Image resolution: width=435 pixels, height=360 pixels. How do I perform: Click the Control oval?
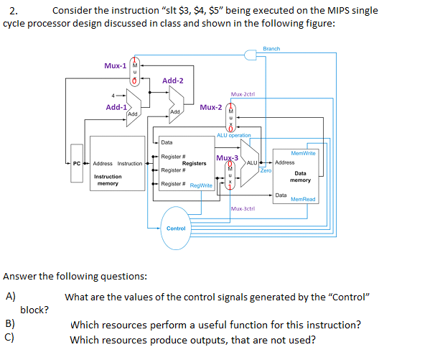pos(176,228)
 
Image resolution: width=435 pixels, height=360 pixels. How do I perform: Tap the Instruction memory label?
pos(108,180)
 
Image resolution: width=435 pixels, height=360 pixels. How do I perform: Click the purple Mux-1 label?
pos(115,65)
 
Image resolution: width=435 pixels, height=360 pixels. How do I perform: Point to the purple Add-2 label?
pos(173,80)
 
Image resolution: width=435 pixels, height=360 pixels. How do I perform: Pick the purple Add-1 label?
pos(117,107)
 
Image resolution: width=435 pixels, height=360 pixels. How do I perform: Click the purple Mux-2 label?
pos(211,107)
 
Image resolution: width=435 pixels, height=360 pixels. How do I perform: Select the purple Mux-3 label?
pos(227,157)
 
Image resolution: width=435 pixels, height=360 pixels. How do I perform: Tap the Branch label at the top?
pos(272,49)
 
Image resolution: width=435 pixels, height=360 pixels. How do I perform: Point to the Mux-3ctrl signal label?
pos(243,208)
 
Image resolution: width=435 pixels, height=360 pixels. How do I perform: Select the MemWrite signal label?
pos(303,152)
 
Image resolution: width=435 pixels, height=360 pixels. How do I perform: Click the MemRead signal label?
pos(303,199)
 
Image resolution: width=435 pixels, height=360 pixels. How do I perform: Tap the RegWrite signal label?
pos(201,185)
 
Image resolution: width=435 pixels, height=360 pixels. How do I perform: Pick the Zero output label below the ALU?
pos(266,171)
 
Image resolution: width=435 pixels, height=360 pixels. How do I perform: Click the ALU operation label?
pos(234,135)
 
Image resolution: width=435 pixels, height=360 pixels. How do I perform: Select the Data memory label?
pos(300,176)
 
